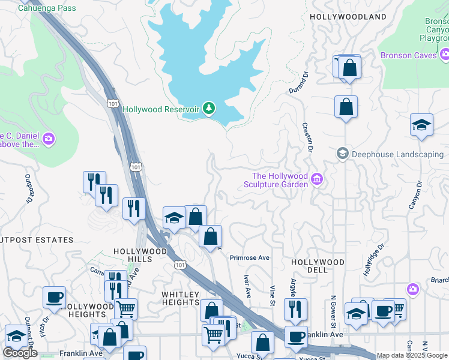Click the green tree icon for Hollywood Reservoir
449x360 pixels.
[x=209, y=109]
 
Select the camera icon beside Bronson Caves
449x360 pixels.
[x=445, y=55]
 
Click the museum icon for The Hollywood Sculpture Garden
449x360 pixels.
[x=317, y=179]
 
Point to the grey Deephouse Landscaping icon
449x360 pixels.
[x=343, y=154]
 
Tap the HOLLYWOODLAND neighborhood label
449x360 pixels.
[x=348, y=17]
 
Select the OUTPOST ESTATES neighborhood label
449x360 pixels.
[x=37, y=240]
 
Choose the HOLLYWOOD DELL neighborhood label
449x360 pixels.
[x=318, y=266]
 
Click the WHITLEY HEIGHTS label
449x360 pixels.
[x=181, y=298]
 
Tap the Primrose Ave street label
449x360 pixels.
[x=249, y=258]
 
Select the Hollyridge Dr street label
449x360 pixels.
[x=373, y=260]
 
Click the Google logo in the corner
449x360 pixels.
[x=20, y=353]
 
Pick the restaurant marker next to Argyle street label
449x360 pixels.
[x=295, y=308]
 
